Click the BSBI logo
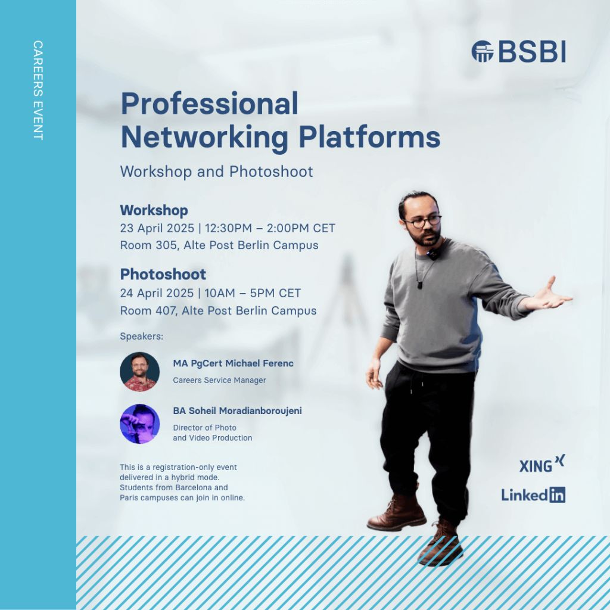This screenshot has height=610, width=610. [519, 51]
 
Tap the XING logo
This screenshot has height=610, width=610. [542, 463]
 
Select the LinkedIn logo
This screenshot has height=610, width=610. [533, 495]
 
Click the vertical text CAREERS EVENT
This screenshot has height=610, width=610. [38, 91]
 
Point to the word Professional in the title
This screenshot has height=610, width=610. [210, 104]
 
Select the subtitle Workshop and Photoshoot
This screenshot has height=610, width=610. [217, 172]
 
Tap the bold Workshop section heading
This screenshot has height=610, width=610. [154, 210]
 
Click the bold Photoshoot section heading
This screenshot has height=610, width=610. [163, 274]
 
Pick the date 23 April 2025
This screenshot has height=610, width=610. [157, 228]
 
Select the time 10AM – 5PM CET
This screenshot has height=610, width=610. [253, 293]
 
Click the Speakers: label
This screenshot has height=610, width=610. [142, 336]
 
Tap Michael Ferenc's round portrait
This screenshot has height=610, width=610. [139, 372]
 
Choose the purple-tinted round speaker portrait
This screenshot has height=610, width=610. [139, 424]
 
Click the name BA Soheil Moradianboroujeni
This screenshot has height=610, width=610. [237, 411]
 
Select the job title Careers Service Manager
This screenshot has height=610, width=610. [219, 380]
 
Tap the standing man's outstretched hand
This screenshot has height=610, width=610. [552, 295]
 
